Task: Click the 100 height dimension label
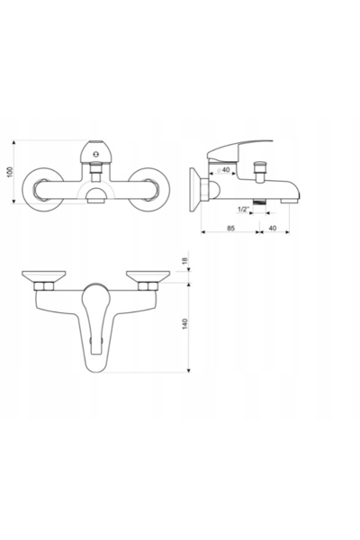pos(10,172)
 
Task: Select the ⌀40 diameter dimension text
pos(223,170)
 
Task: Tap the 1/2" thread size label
pos(243,209)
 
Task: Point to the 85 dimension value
pos(230,228)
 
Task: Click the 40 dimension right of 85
pos(272,228)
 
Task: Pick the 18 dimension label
pos(185,261)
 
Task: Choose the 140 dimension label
pos(185,324)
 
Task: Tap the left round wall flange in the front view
pos(42,190)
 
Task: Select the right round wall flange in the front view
pos(148,190)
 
